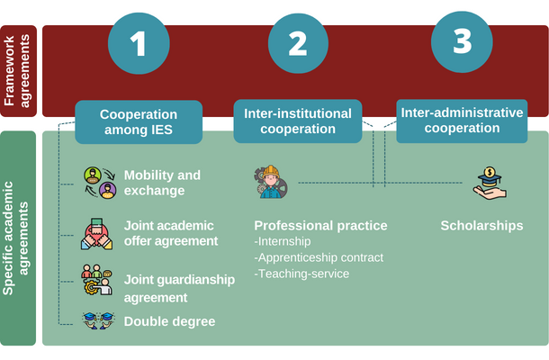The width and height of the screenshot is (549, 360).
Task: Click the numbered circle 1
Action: [138, 42]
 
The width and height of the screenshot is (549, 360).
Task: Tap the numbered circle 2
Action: [298, 42]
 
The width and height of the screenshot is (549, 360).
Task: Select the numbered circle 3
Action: [462, 41]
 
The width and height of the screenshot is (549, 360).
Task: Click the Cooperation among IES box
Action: [138, 122]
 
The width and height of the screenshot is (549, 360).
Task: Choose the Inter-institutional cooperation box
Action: [297, 121]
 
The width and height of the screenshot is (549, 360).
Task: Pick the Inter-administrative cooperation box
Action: [462, 121]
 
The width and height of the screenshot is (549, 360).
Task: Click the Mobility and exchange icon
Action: [100, 182]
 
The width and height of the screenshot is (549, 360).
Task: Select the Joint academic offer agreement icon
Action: [97, 233]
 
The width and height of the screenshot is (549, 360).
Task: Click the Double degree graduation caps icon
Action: [98, 320]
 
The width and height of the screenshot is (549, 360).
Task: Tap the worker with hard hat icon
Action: [270, 181]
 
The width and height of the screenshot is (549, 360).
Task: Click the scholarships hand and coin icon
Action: [490, 183]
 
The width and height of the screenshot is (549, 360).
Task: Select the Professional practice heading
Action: [320, 225]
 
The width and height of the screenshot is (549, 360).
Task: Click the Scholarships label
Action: [481, 225]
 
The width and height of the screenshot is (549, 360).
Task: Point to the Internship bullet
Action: [283, 241]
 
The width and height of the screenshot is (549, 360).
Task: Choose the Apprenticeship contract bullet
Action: [319, 257]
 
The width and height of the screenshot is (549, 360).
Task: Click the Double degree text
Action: [169, 321]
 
